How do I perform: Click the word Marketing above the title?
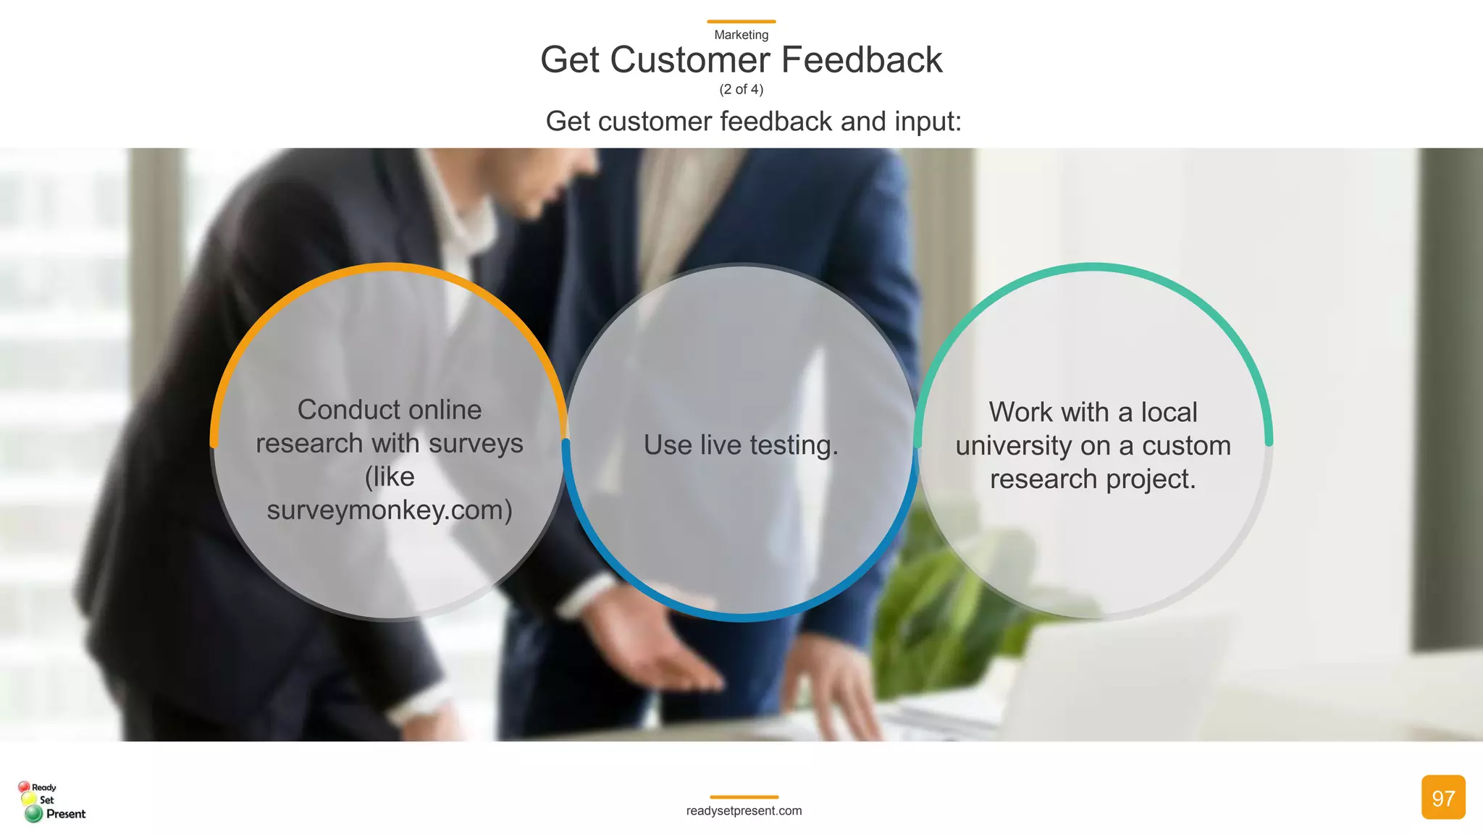[741, 35]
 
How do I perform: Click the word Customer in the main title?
[690, 60]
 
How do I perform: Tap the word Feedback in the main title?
[862, 60]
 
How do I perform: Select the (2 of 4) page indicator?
[741, 89]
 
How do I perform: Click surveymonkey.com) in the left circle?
[390, 510]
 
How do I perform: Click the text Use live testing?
[741, 445]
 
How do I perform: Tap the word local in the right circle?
[1169, 413]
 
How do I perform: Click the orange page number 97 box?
[1442, 797]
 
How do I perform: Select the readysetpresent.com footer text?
[744, 811]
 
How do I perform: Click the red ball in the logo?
[24, 786]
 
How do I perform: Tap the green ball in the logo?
[33, 814]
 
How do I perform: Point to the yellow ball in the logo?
[29, 799]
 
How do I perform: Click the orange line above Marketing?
[741, 22]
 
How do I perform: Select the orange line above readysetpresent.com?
[744, 797]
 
